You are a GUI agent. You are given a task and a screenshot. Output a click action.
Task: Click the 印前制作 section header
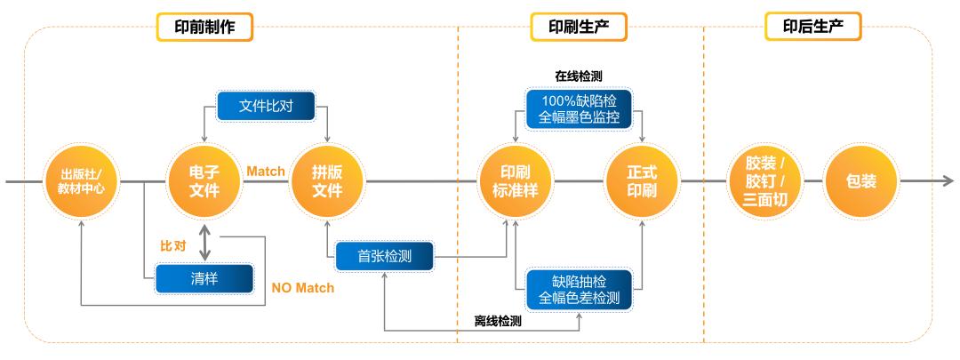(204, 27)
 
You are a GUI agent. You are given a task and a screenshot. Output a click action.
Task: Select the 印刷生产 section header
(579, 27)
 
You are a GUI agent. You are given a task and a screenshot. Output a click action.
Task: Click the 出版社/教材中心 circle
(82, 182)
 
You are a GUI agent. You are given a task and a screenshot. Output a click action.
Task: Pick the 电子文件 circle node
(204, 181)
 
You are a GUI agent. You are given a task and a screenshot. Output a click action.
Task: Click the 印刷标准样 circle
(516, 181)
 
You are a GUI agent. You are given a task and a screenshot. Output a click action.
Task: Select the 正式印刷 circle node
(642, 181)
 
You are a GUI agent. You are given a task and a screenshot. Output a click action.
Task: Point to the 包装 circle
(861, 181)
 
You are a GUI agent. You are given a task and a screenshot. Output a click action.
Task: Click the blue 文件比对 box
(267, 107)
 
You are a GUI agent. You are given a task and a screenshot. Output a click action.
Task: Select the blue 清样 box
(204, 278)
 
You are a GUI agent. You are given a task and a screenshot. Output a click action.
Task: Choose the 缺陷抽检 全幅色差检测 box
(579, 287)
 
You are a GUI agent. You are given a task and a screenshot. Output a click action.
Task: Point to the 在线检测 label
(579, 77)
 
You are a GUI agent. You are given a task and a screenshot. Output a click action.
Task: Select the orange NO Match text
(303, 287)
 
